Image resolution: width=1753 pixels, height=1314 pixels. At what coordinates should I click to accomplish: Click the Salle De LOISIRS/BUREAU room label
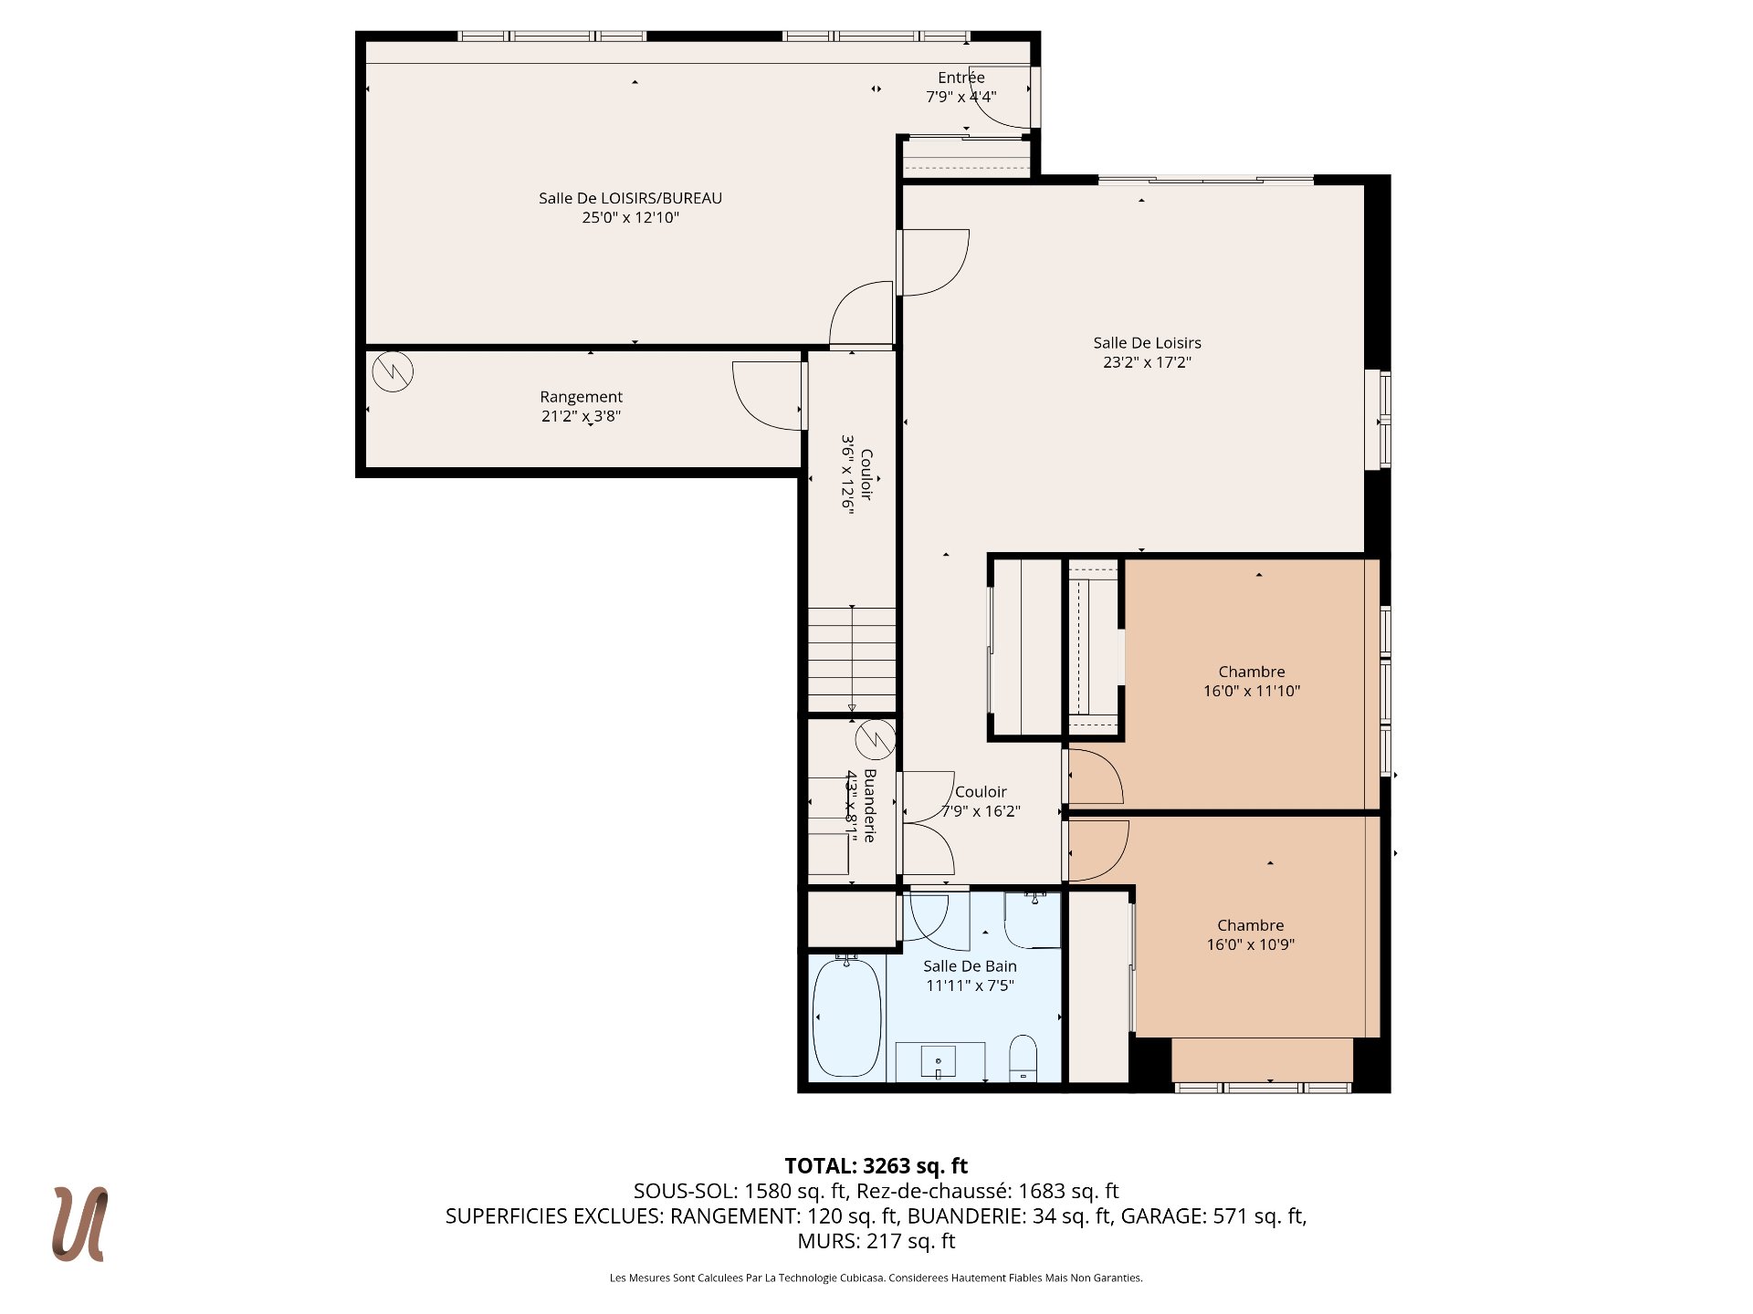(x=630, y=198)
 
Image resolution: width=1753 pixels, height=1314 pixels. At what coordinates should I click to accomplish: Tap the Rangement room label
(x=581, y=397)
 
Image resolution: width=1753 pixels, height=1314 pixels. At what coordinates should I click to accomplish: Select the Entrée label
(x=961, y=78)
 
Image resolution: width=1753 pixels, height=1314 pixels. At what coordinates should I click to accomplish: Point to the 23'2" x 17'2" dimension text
(x=1147, y=362)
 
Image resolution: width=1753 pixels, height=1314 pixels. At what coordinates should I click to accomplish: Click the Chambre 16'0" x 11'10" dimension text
(x=1251, y=691)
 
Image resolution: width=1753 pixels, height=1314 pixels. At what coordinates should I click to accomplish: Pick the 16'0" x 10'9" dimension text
(x=1251, y=944)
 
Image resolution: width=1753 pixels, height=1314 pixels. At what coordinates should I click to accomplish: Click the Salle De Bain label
(x=970, y=966)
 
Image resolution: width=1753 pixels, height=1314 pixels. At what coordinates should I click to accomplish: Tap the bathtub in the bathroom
(x=847, y=1017)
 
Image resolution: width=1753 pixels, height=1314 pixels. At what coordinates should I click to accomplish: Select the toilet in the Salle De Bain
(x=1023, y=1058)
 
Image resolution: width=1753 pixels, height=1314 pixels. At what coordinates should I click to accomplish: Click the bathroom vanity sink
(x=939, y=1062)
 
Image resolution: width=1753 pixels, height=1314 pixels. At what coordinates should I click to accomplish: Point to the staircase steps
(x=852, y=659)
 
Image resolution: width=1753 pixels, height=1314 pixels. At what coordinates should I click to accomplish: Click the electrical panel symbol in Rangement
(x=393, y=371)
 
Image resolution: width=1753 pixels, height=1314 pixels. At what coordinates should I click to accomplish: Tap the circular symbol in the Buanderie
(x=876, y=739)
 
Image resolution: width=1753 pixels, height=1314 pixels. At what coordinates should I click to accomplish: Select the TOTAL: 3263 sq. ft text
(x=876, y=1166)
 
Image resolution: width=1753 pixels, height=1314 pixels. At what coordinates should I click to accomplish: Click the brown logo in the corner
(x=80, y=1225)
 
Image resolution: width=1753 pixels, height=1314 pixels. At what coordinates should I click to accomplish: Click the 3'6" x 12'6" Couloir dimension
(x=848, y=474)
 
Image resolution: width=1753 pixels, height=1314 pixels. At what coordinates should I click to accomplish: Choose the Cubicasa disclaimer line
(x=876, y=1278)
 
